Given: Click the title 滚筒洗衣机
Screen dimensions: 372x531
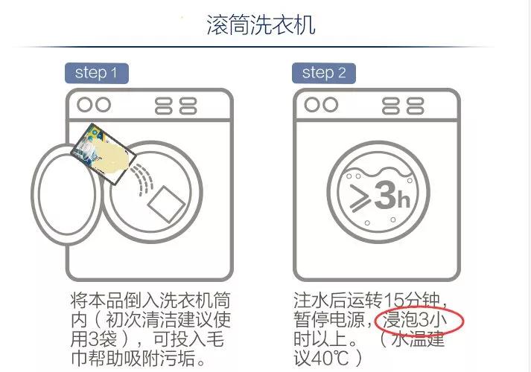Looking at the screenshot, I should [x=261, y=25].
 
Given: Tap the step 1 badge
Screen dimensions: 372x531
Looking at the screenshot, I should [x=96, y=72].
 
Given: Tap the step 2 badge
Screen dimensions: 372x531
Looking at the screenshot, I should [x=323, y=72].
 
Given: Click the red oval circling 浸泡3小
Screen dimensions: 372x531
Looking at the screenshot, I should [x=421, y=321].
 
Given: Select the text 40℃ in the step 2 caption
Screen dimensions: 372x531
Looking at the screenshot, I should [x=331, y=359].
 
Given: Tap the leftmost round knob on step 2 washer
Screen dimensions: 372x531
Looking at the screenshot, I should [x=311, y=103].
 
